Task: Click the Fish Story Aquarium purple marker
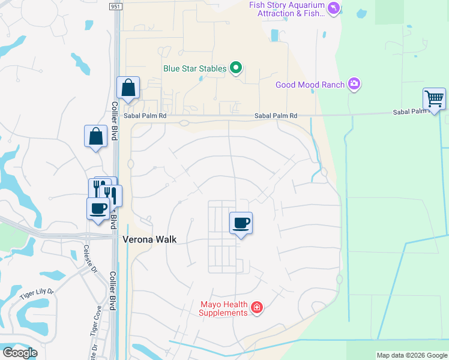pos(334,8)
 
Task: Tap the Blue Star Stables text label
pos(195,69)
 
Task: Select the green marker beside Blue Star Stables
pos(236,69)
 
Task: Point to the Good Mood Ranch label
pos(310,85)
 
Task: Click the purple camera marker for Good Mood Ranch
pos(354,84)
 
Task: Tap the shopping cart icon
pos(433,98)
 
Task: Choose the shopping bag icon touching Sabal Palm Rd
pos(128,88)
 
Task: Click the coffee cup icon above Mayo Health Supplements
pos(241,223)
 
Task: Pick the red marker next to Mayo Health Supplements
pos(257,308)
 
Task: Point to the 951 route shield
pos(115,6)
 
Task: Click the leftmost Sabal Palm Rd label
pos(145,116)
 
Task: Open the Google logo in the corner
pos(20,353)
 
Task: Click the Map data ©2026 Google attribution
pos(412,355)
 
